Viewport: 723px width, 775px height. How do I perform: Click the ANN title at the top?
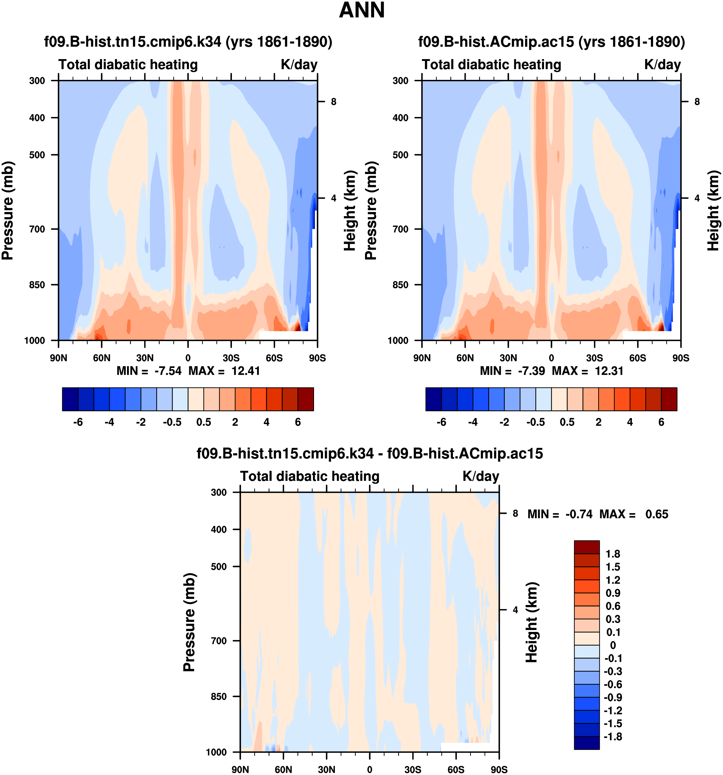pyautogui.click(x=362, y=11)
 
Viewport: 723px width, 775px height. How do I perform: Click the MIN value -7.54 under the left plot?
pyautogui.click(x=168, y=371)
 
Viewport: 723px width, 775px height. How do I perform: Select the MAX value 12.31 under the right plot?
pyautogui.click(x=609, y=371)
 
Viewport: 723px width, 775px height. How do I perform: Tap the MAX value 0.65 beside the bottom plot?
pyautogui.click(x=657, y=514)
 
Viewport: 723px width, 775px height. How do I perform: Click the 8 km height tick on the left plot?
pyautogui.click(x=334, y=102)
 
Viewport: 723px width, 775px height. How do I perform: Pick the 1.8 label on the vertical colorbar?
pyautogui.click(x=613, y=554)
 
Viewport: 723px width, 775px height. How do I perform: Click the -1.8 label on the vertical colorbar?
pyautogui.click(x=613, y=737)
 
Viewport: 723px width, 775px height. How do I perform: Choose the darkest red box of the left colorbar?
pyautogui.click(x=306, y=399)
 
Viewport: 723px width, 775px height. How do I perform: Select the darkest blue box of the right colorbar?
pyautogui.click(x=433, y=399)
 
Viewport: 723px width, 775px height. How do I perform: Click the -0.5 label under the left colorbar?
pyautogui.click(x=172, y=422)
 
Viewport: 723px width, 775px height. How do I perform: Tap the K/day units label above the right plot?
pyautogui.click(x=662, y=65)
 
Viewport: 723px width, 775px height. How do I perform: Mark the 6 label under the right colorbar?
pyautogui.click(x=661, y=422)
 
